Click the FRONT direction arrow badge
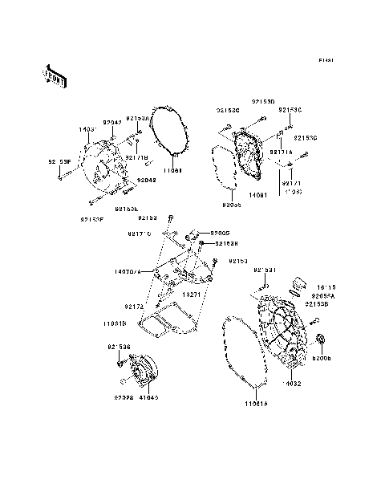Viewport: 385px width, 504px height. [x=55, y=75]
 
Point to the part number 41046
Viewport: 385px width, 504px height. [x=149, y=397]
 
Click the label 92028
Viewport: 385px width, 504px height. [x=124, y=397]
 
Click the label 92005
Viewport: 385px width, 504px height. [x=220, y=233]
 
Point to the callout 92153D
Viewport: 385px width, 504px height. [x=262, y=102]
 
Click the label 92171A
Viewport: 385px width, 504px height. [x=280, y=151]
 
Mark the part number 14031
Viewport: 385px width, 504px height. [x=87, y=128]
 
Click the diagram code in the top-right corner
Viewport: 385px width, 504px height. [x=326, y=60]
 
